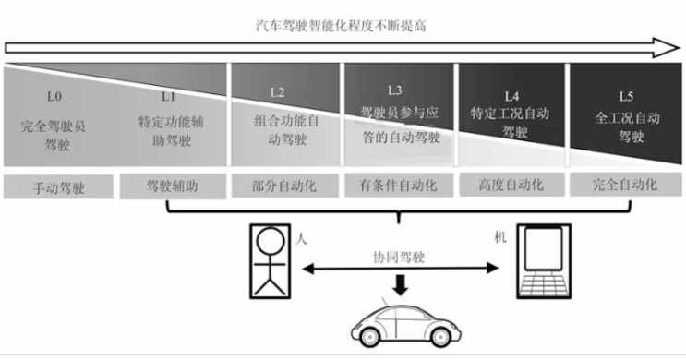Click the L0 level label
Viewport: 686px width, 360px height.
[x=56, y=96]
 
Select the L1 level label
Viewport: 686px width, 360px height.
[x=168, y=96]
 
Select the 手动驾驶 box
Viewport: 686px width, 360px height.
[x=56, y=186]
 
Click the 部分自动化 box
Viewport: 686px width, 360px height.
[x=284, y=186]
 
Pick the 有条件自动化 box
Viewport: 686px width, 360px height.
[x=398, y=186]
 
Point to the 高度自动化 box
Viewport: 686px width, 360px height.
[x=512, y=186]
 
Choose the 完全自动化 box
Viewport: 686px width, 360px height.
[x=626, y=186]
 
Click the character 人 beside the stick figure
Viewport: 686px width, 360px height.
[x=301, y=237]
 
